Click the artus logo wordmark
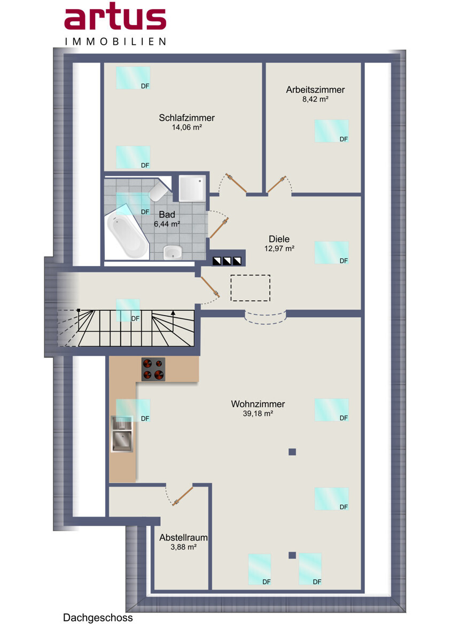coord(115,17)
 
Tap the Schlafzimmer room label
coord(186,118)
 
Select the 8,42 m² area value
coord(315,99)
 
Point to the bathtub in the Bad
coord(128,236)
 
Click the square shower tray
coord(192,188)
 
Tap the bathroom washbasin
coord(173,252)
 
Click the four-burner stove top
coord(153,369)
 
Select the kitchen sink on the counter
coord(122,434)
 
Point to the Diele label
coord(279,239)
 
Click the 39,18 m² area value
coord(258,413)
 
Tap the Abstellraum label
coord(183,538)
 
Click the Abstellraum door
coord(183,496)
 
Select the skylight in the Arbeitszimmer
coord(331,131)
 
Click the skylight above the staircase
coord(128,310)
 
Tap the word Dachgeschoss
coord(98,618)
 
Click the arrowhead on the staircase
coord(173,313)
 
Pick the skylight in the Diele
coord(331,252)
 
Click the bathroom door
coord(219,228)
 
